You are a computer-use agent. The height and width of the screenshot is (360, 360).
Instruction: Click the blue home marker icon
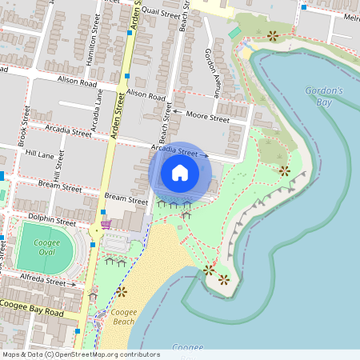(180, 172)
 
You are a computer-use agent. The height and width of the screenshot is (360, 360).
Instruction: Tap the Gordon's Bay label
(324, 96)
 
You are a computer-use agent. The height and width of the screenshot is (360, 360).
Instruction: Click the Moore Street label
(207, 117)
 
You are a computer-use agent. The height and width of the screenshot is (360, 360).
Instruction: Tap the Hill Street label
(57, 169)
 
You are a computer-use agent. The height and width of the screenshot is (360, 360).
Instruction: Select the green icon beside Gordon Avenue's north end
(234, 34)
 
